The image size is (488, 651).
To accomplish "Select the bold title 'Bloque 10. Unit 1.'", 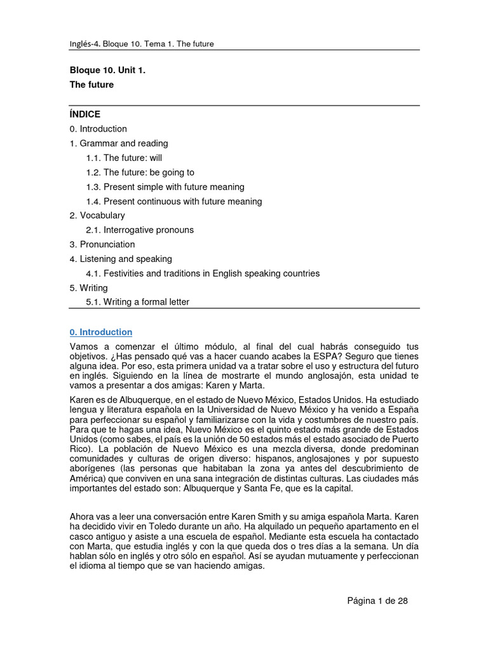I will [107, 71].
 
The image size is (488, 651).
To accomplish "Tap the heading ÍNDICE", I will [85, 114].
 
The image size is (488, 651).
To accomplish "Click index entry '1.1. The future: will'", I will [125, 158].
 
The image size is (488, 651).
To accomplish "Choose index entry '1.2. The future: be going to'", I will [140, 172].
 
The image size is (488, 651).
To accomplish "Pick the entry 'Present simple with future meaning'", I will [165, 187].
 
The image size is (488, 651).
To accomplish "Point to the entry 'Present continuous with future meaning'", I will [173, 202].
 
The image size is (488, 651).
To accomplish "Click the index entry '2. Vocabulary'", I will [97, 216].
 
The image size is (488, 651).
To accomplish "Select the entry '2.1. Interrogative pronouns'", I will [140, 230].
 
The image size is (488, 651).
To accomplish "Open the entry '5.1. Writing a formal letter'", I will [137, 302].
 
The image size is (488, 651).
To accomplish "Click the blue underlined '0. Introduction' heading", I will [101, 332].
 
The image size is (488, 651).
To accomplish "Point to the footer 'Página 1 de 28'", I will [377, 601].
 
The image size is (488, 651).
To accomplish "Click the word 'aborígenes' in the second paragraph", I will [91, 468].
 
